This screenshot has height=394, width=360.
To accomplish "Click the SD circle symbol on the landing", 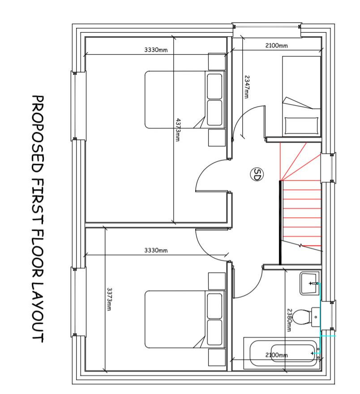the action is (x=257, y=174).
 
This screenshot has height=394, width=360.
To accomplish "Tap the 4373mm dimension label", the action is (x=178, y=130).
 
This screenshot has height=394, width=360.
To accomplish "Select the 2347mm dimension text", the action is (x=247, y=87).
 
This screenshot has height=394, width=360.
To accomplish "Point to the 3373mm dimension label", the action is (x=109, y=299).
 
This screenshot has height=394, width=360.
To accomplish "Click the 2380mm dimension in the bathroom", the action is (x=289, y=320).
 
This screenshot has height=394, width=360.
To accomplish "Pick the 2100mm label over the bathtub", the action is (x=276, y=355).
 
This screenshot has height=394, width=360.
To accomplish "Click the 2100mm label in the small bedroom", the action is (x=276, y=46).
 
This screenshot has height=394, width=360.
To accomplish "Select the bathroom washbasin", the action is (x=309, y=284).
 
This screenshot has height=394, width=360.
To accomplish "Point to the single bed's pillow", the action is (x=301, y=126).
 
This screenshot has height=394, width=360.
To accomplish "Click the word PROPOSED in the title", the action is (x=38, y=134).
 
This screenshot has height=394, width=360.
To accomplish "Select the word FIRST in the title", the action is (x=38, y=201).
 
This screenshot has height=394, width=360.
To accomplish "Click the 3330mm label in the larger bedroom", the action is (x=156, y=50).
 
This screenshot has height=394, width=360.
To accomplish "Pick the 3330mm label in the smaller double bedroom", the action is (x=156, y=250).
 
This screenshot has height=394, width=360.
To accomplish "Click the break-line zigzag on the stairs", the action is (x=300, y=246).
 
